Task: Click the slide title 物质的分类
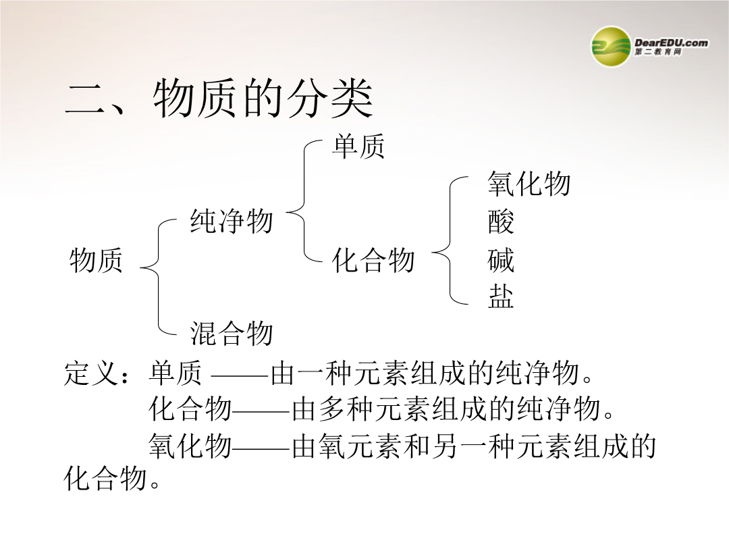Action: point(263,99)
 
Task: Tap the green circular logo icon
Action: point(611,46)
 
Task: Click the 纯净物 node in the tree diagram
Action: point(231,220)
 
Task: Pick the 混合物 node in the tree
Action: point(231,333)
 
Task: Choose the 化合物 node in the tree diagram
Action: point(373,259)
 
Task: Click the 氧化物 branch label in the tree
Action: point(529,183)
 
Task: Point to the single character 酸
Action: point(501,222)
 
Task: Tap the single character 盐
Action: point(501,296)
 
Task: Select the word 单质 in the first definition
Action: point(175,372)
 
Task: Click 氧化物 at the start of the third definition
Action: point(190,446)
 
